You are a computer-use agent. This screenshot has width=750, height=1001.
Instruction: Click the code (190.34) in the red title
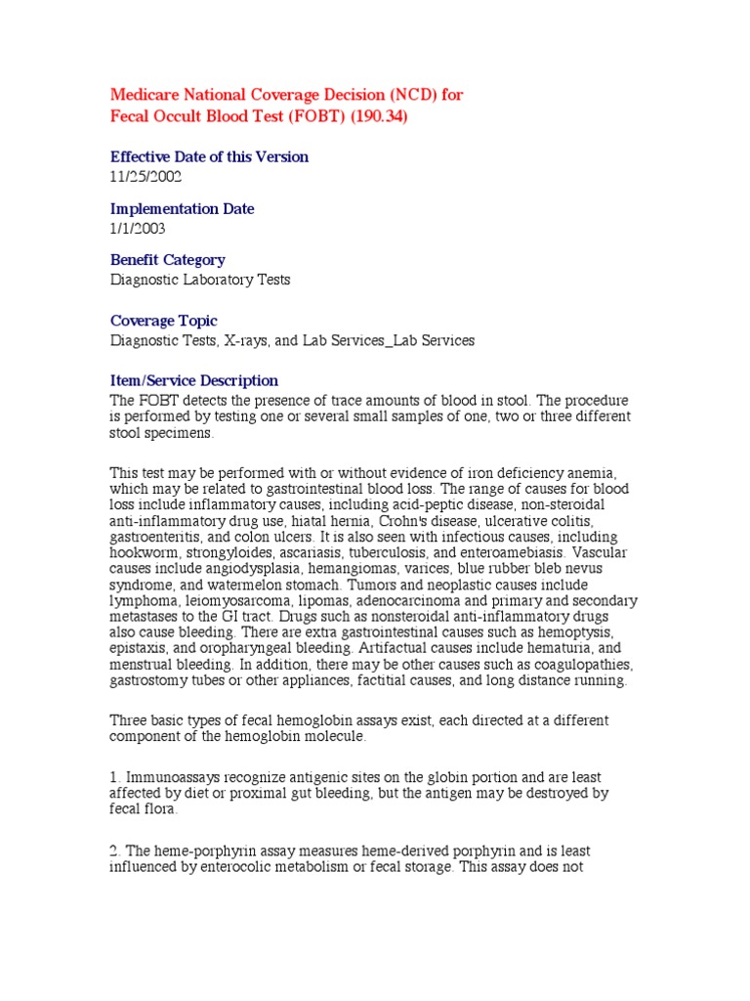[x=375, y=116]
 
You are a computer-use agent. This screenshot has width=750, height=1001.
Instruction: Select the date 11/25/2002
[x=146, y=177]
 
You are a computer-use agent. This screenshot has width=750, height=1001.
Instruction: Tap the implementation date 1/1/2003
[x=138, y=229]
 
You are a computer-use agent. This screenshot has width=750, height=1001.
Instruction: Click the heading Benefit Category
[x=167, y=260]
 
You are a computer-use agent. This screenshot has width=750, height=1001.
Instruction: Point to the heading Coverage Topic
[x=163, y=321]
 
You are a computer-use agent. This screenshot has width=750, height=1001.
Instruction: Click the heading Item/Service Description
[x=193, y=380]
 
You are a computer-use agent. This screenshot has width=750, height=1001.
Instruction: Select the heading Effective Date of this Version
[x=209, y=156]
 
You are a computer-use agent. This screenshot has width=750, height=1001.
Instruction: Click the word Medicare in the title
[x=146, y=95]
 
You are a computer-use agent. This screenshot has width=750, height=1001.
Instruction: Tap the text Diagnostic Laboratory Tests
[x=199, y=280]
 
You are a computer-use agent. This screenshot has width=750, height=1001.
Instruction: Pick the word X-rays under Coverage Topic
[x=251, y=340]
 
